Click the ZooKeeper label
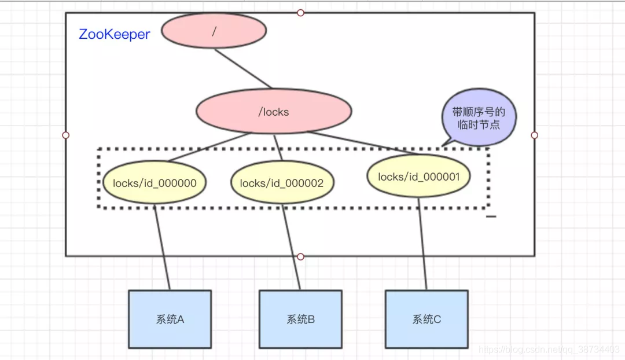pyautogui.click(x=114, y=34)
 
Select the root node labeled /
pyautogui.click(x=214, y=31)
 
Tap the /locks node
pyautogui.click(x=274, y=112)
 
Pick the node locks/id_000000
pyautogui.click(x=155, y=183)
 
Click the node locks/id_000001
pyautogui.click(x=418, y=177)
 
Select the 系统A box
pyautogui.click(x=170, y=319)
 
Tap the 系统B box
pyautogui.click(x=300, y=319)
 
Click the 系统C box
pyautogui.click(x=427, y=319)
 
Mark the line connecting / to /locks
pyautogui.click(x=243, y=69)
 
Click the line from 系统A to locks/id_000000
pyautogui.click(x=163, y=249)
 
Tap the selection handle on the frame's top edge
pyautogui.click(x=300, y=13)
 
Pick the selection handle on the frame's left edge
pyautogui.click(x=65, y=135)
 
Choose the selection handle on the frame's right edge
pyautogui.click(x=534, y=135)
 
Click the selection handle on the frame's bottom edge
pyautogui.click(x=300, y=256)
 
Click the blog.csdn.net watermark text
pyautogui.click(x=550, y=350)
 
